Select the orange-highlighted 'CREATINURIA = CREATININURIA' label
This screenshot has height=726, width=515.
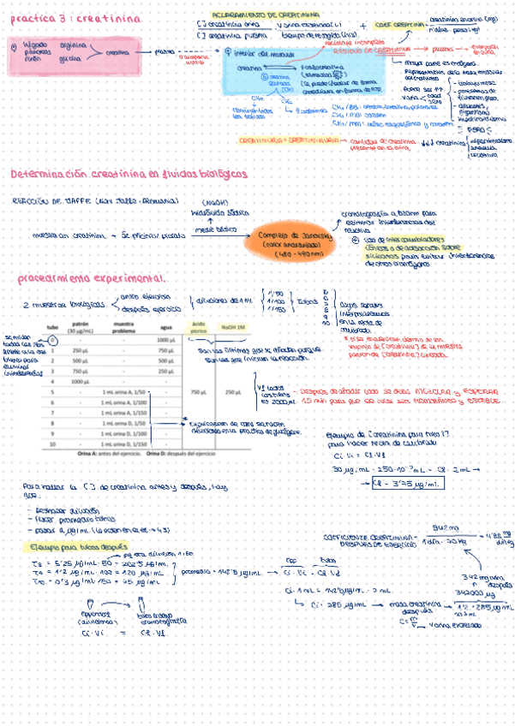coord(285,139)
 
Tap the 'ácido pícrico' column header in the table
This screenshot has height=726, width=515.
coord(198,329)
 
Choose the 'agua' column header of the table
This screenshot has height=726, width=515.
coord(165,329)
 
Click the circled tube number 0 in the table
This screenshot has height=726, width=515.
coord(52,340)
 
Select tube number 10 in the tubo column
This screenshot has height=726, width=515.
coord(52,445)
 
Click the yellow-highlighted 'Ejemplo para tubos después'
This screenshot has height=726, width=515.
coord(66,544)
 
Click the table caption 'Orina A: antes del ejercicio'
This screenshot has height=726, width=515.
coord(108,454)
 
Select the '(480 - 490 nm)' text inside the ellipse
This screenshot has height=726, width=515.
coord(296,254)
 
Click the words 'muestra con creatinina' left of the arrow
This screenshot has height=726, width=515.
coord(68,234)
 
